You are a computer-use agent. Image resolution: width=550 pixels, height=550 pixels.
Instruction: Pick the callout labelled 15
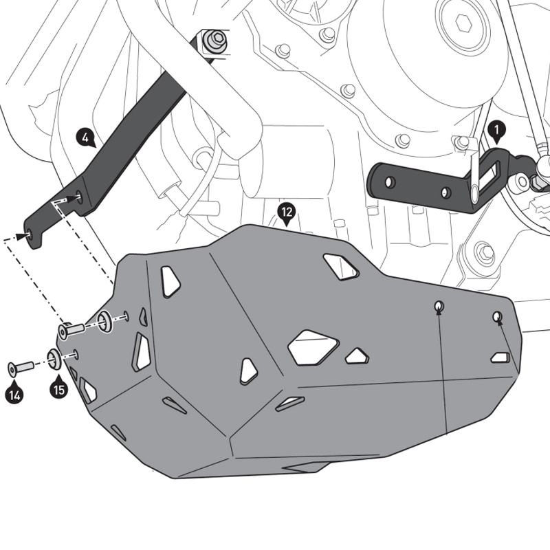click(58, 389)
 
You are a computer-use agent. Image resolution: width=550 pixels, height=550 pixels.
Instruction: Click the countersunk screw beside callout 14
click(21, 368)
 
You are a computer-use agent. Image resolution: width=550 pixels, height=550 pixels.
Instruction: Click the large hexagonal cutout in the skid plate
click(313, 346)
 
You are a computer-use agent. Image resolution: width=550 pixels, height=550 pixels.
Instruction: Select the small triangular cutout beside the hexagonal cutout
click(356, 356)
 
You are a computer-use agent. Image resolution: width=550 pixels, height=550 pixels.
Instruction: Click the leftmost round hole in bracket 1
click(389, 181)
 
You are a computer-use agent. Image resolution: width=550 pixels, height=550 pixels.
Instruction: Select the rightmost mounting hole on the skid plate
click(498, 316)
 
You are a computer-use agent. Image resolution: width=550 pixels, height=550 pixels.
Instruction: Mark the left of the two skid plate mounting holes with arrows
click(438, 306)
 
